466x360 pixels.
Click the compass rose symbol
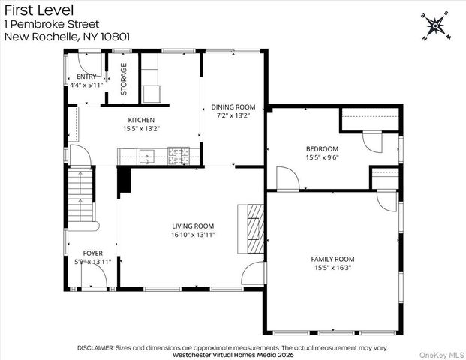[x=435, y=26]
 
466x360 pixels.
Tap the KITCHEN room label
[x=141, y=120]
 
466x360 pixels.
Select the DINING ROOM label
[x=233, y=107]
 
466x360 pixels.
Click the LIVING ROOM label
[x=193, y=226]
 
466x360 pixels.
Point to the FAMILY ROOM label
[x=332, y=259]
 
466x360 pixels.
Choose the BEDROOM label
[x=322, y=148]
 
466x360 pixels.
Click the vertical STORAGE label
[x=124, y=79]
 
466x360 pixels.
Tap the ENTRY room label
[x=86, y=76]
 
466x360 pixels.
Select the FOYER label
[x=93, y=253]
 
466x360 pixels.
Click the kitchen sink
[x=147, y=157]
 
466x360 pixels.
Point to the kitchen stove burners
[x=179, y=156]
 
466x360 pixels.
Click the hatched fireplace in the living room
[x=256, y=229]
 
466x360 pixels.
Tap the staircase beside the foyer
[x=81, y=196]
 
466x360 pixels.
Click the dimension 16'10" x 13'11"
[x=193, y=235]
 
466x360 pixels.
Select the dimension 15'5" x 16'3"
[x=333, y=268]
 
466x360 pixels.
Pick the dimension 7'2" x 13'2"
[x=233, y=115]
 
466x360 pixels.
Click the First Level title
[x=39, y=10]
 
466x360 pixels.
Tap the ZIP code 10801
[x=116, y=37]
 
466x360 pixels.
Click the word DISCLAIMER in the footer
[x=95, y=347]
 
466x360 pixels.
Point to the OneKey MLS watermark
[x=442, y=355]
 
